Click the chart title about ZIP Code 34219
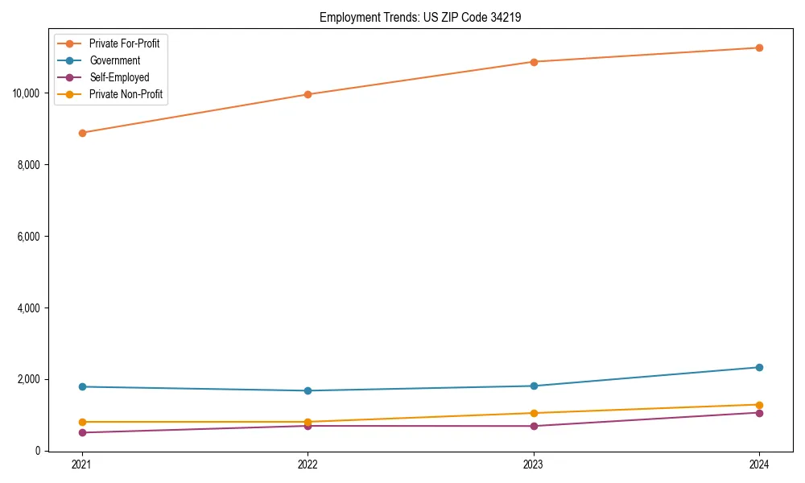pos(420,17)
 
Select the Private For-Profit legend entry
pos(124,43)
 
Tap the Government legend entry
pos(114,60)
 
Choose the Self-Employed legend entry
pos(119,77)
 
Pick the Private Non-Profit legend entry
pos(126,94)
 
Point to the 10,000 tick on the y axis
pos(27,93)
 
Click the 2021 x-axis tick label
pos(81,464)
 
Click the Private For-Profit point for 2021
pos(81,133)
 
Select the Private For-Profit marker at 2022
pos(308,94)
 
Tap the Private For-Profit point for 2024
pos(759,47)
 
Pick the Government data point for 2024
pos(759,367)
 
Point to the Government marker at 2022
pos(308,390)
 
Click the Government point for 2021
pos(81,386)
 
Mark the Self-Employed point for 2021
pos(81,432)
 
